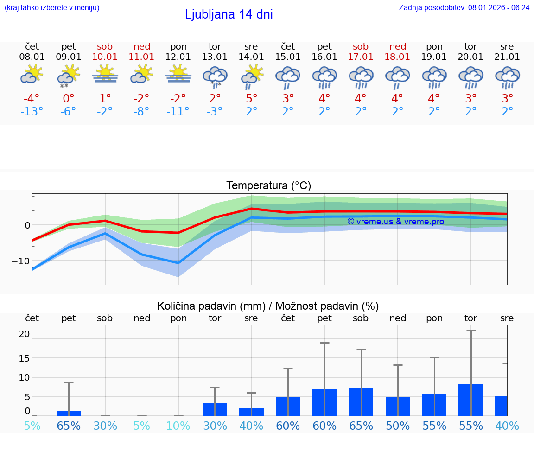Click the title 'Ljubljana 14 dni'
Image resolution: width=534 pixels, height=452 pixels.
tap(229, 14)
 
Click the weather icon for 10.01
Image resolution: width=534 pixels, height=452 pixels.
tap(105, 75)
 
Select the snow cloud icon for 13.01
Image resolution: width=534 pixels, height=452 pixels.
tap(215, 76)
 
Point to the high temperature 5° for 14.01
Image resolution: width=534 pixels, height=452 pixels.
tap(251, 99)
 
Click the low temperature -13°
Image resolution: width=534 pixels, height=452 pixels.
tap(32, 112)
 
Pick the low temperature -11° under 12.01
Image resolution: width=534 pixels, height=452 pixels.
tap(178, 112)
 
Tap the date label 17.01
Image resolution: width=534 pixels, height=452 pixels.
tap(361, 57)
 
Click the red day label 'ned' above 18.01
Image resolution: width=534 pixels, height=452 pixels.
tap(398, 46)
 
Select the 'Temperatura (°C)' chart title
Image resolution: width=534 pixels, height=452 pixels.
tap(268, 186)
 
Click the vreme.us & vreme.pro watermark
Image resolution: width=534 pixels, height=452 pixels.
tap(395, 222)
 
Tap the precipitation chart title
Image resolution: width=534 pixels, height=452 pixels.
tap(268, 306)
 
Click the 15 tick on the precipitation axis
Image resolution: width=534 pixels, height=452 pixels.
tap(24, 358)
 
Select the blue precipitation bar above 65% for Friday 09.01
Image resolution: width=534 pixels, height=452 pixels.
tap(69, 413)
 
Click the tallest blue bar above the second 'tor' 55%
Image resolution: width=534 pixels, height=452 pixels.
tap(471, 400)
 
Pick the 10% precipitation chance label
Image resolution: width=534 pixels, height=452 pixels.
tap(178, 426)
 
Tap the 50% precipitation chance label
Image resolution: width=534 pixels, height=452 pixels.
tap(398, 426)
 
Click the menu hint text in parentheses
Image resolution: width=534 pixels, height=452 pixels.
tap(52, 7)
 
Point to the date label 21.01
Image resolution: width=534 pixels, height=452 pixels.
tap(507, 57)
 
